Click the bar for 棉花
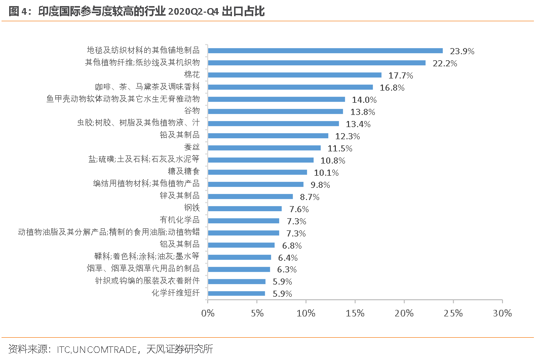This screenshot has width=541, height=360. tap(294, 75)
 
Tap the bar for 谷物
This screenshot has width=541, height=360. tap(275, 111)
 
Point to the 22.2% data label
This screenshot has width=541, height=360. tap(445, 63)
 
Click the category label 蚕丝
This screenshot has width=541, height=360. tap(192, 147)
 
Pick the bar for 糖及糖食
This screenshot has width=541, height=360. tap(257, 172)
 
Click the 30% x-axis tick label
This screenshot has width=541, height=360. tap(501, 313)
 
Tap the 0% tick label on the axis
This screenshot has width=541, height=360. tap(208, 313)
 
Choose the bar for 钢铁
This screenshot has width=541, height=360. tap(245, 209)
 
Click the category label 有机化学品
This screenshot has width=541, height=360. tap(179, 220)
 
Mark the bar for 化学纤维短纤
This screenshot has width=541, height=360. tap(236, 294)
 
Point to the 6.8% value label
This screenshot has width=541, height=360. tap(292, 246)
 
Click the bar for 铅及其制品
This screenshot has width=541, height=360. tap(268, 136)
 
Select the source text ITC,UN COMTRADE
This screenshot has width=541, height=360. tap(97, 349)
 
